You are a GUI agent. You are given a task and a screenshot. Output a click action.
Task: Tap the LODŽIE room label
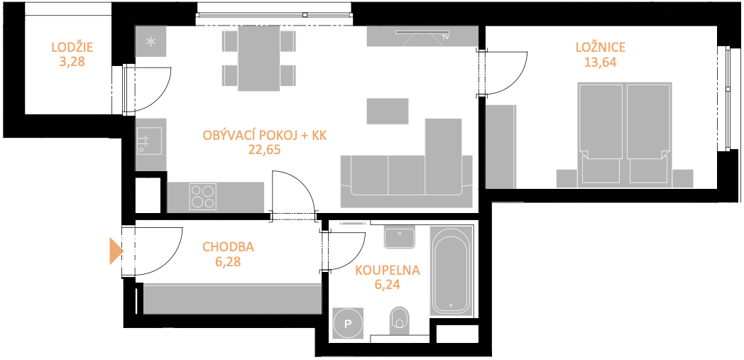(x=72, y=47)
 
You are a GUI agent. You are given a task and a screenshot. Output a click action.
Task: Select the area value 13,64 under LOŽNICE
(x=600, y=62)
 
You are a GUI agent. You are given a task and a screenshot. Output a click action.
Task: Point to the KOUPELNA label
(x=388, y=271)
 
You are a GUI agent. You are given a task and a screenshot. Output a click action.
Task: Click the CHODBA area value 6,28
(x=228, y=261)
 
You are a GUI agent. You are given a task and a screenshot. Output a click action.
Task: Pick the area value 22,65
(x=264, y=150)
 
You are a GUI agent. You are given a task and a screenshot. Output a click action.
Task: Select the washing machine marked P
(x=349, y=324)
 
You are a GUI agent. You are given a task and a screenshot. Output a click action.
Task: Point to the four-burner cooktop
(x=202, y=197)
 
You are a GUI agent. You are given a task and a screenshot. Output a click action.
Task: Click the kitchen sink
(x=150, y=141)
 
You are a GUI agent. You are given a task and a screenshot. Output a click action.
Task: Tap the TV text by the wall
(x=445, y=36)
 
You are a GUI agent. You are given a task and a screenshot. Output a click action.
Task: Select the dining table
(x=258, y=58)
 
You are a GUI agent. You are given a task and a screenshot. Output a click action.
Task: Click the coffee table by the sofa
(x=388, y=111)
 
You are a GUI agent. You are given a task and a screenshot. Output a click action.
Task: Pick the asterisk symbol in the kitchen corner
(x=151, y=42)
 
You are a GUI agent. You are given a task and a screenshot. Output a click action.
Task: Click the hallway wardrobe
(x=233, y=299)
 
